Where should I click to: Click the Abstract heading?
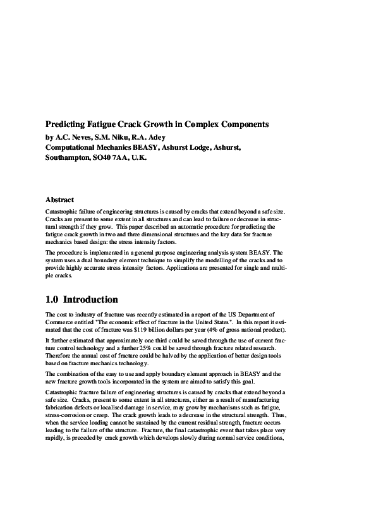pyautogui.click(x=60, y=200)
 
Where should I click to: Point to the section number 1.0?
pyautogui.click(x=52, y=299)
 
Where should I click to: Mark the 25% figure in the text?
pyautogui.click(x=164, y=348)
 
